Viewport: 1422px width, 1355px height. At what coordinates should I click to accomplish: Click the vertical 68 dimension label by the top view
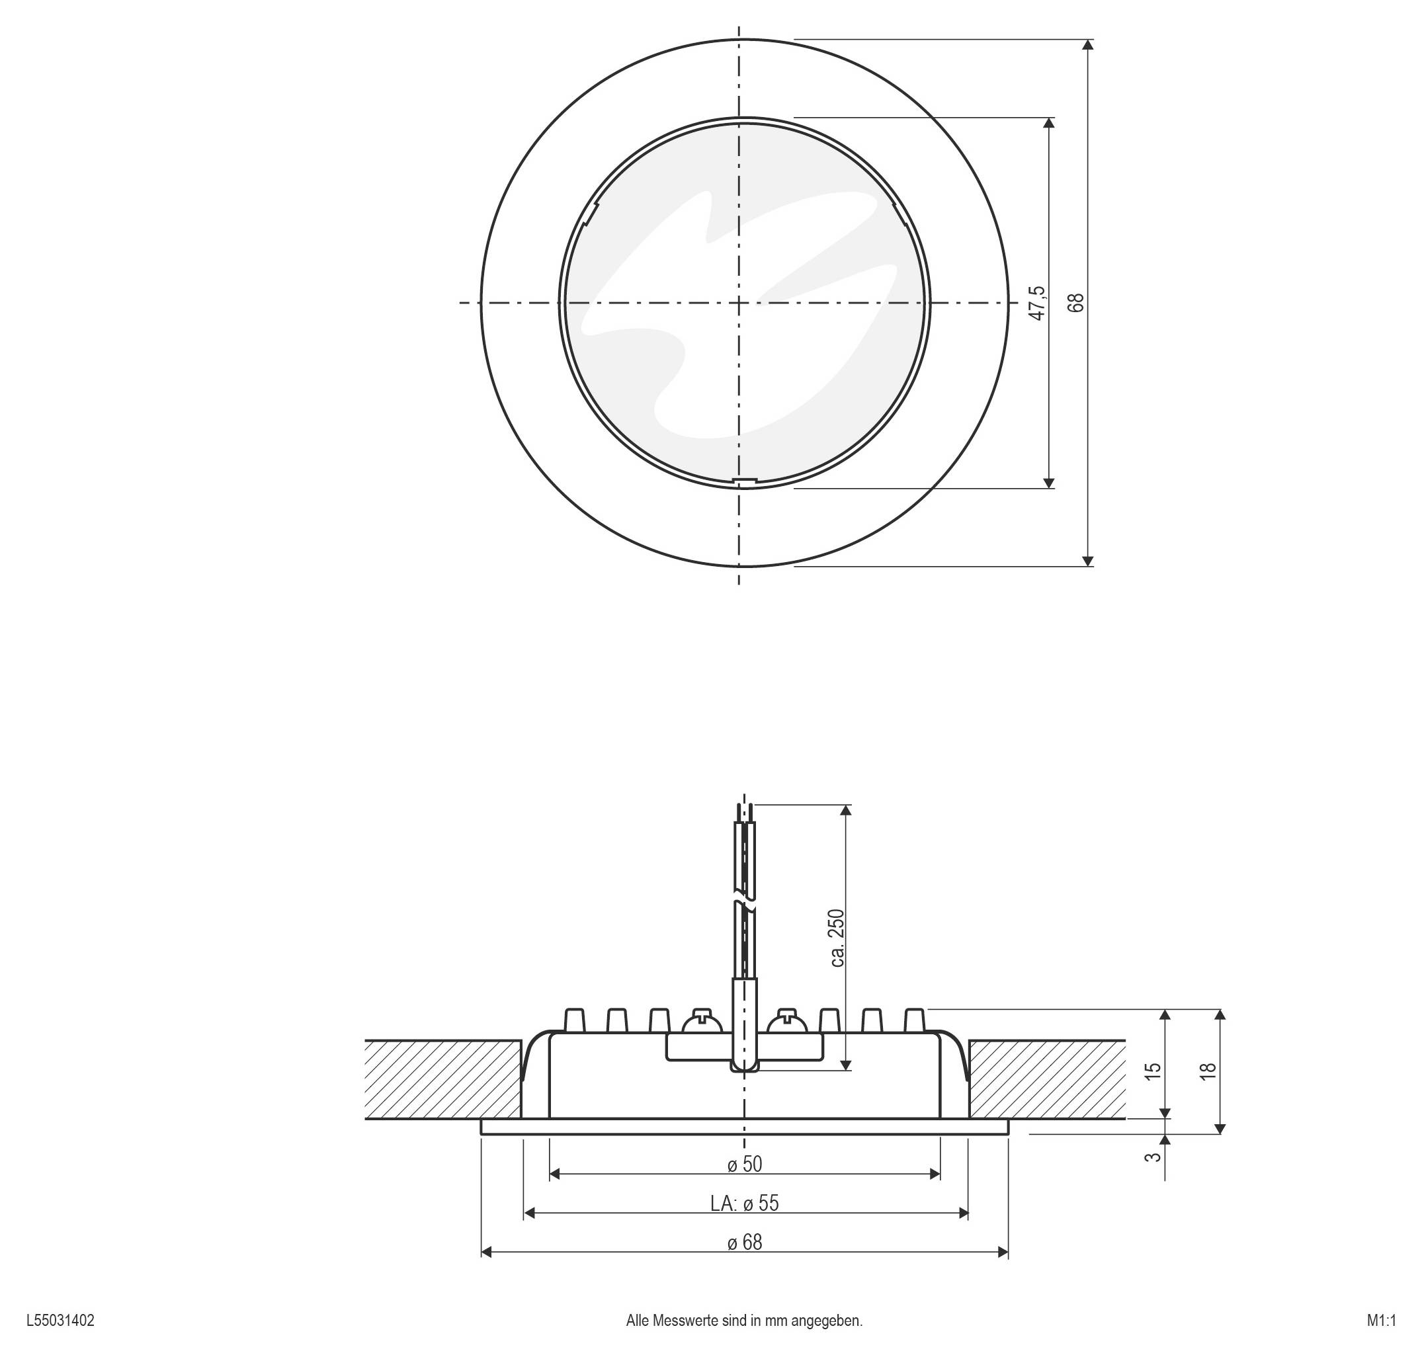[1076, 303]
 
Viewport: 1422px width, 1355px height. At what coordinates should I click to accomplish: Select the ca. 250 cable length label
[837, 938]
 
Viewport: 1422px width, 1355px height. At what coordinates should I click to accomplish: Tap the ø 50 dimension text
[744, 1165]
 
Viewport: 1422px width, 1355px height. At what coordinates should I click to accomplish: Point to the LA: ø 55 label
[744, 1204]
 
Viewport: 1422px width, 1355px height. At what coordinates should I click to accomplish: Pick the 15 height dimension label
[1154, 1071]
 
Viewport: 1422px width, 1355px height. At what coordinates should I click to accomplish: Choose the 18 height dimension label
[1208, 1071]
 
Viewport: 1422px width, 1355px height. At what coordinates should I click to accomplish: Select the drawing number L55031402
[60, 1321]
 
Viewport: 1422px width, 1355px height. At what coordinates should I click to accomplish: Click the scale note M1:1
[1381, 1321]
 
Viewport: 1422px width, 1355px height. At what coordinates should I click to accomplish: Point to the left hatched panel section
[442, 1079]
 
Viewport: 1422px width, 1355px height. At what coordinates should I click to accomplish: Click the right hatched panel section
[1046, 1079]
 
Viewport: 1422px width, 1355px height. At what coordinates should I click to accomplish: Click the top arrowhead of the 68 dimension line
[1089, 45]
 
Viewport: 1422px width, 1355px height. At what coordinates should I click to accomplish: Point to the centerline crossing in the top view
[739, 303]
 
